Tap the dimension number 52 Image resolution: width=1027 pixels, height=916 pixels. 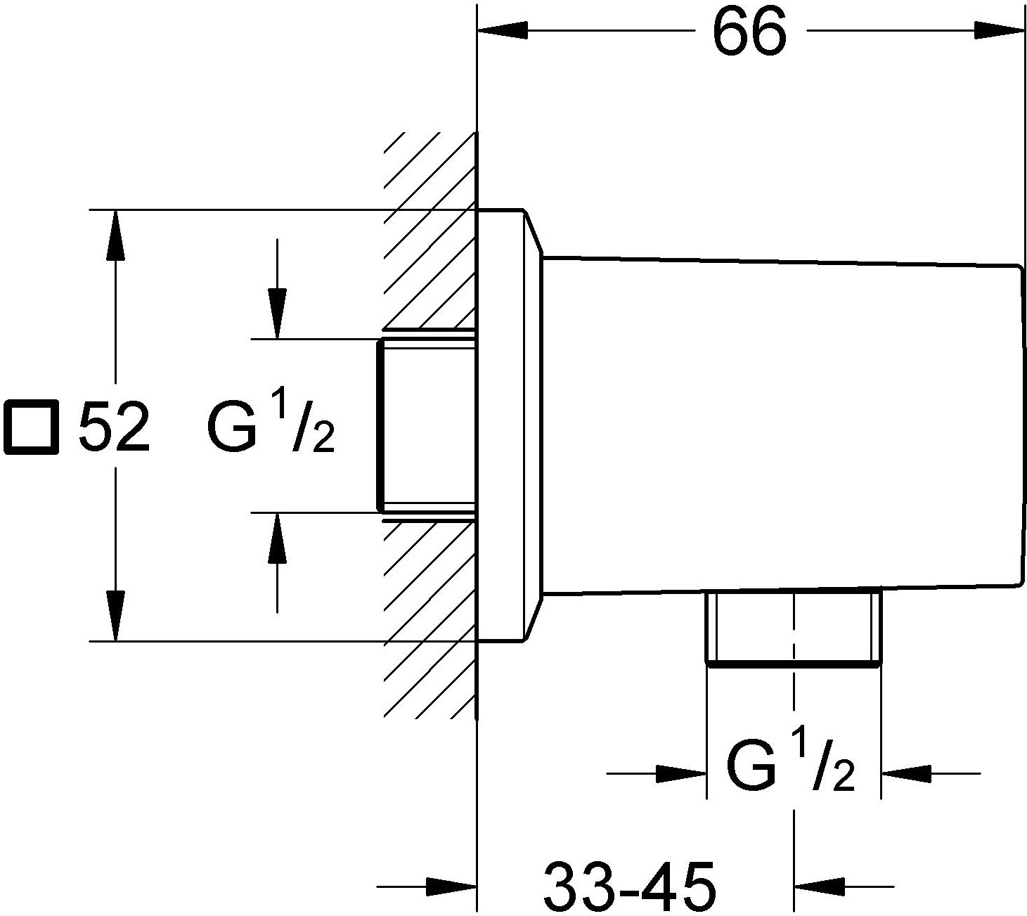(x=115, y=427)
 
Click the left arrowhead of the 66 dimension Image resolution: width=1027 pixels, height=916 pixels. (x=502, y=30)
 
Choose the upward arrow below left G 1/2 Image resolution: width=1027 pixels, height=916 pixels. (x=278, y=538)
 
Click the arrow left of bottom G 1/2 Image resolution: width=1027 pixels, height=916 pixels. (x=682, y=775)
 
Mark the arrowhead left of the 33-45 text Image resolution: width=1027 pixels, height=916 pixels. (x=452, y=885)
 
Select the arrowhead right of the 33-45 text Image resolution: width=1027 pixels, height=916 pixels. (x=818, y=885)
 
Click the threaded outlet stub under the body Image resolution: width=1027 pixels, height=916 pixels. (x=793, y=628)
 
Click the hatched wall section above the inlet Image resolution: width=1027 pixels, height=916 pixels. (x=429, y=232)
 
